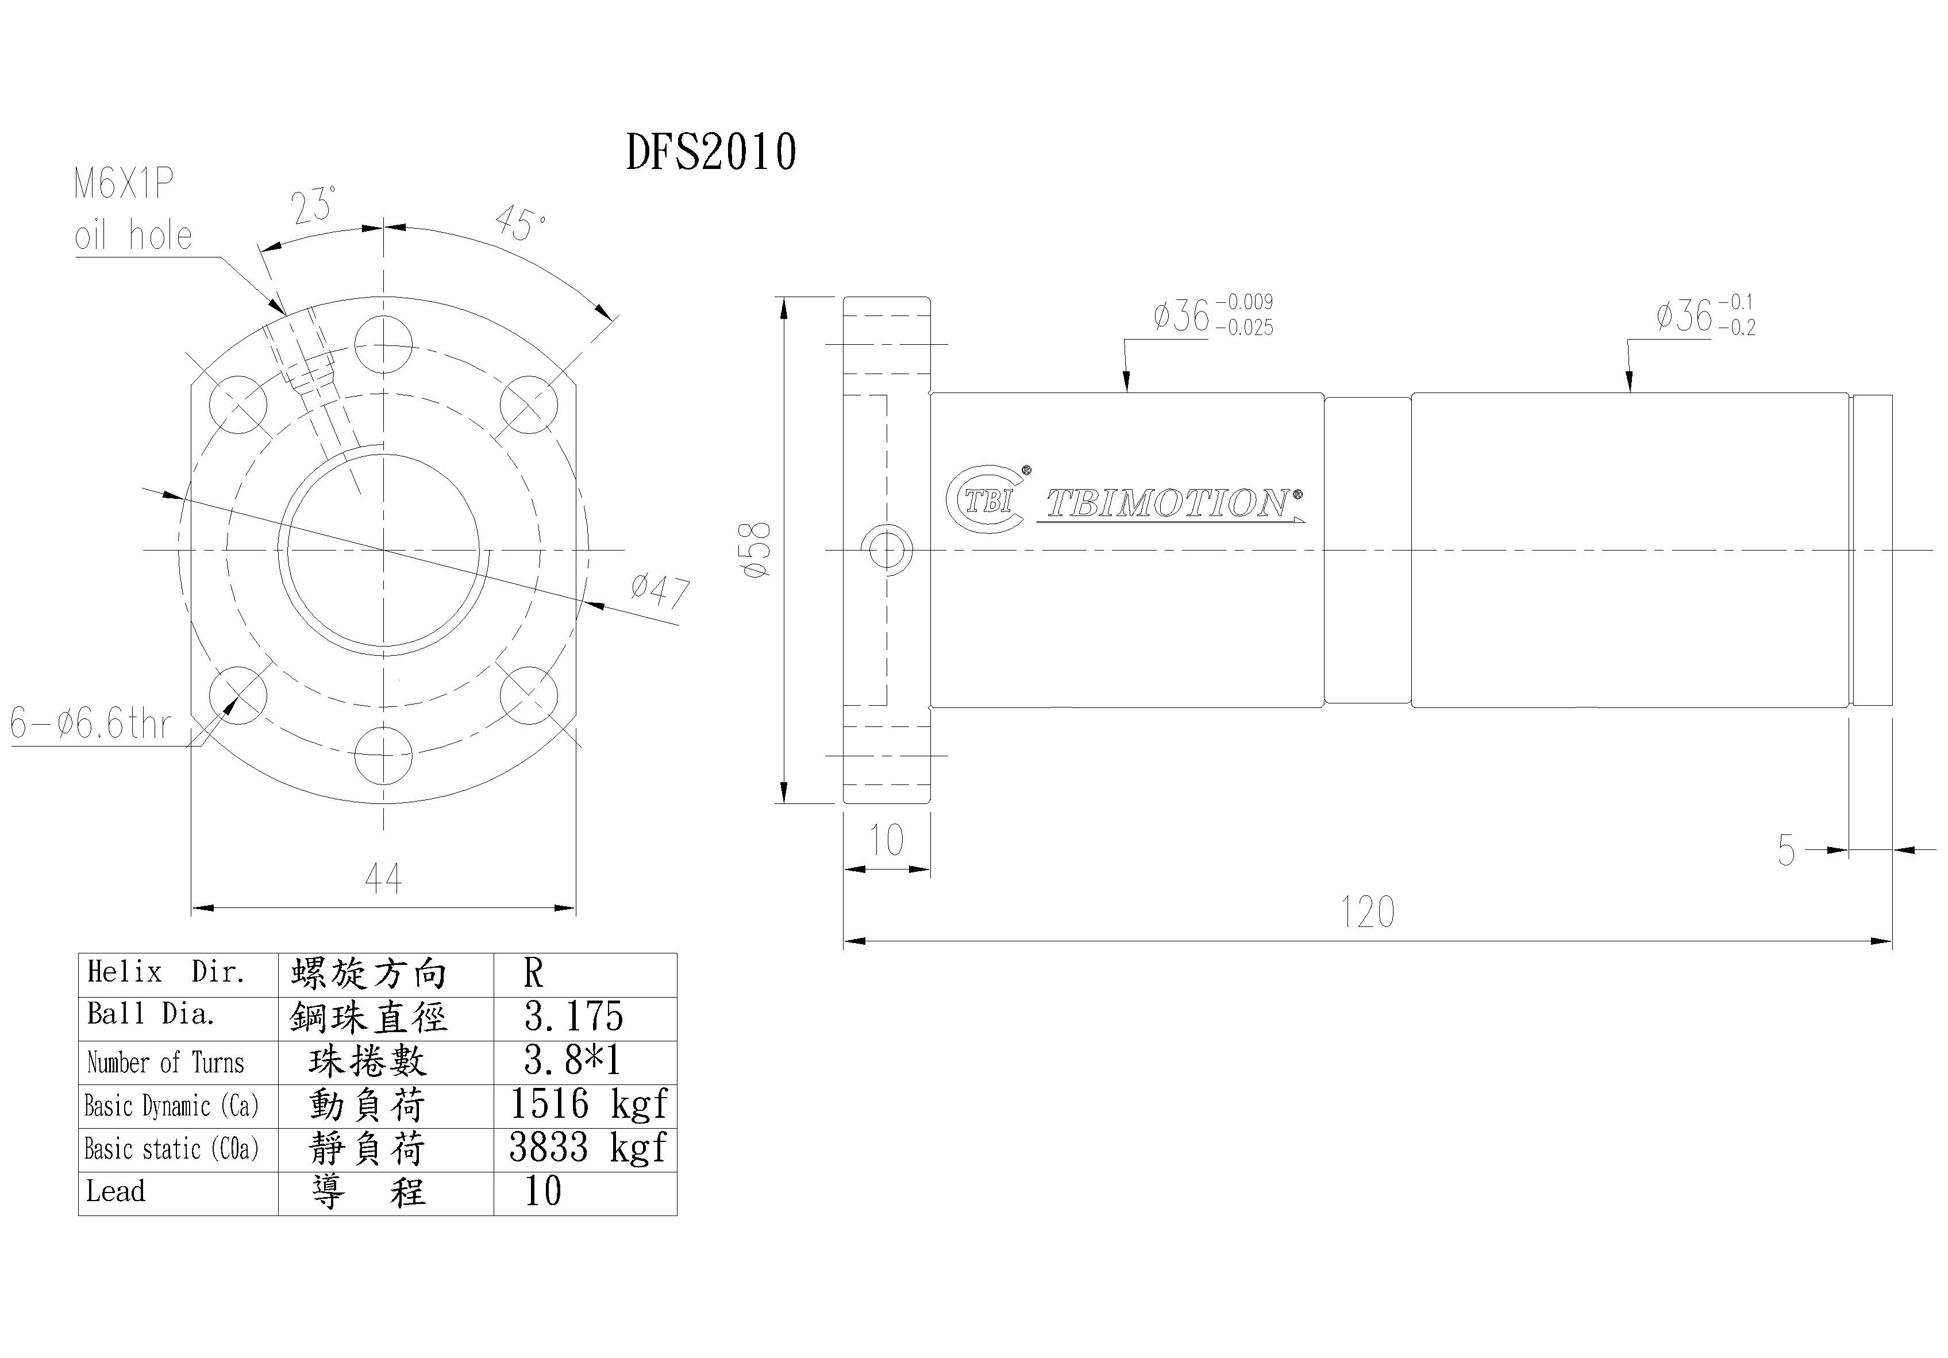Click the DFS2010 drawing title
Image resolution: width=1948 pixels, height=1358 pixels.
point(711,153)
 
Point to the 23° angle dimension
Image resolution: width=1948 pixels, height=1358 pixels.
point(313,205)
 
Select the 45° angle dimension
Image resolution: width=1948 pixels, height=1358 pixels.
point(519,222)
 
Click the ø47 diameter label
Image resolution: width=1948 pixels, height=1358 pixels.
point(659,589)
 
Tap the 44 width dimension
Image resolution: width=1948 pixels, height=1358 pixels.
point(383,879)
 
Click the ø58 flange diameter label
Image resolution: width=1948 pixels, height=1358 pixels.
point(757,550)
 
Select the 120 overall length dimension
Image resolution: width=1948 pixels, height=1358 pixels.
point(1367,913)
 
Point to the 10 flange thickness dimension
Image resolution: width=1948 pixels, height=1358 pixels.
point(887,840)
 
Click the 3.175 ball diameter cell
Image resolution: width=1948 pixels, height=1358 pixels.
point(573,1017)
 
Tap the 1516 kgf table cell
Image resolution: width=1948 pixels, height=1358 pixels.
point(587,1104)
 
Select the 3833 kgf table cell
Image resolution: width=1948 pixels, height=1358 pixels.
point(587,1148)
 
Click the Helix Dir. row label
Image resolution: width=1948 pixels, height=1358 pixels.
point(166,972)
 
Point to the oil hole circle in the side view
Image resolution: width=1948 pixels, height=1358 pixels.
point(887,550)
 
